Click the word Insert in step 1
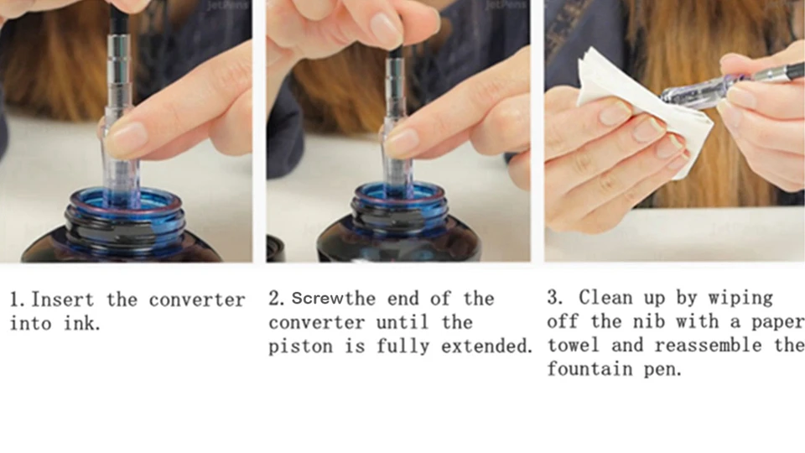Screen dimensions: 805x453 click(63, 299)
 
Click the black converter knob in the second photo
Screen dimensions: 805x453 click(396, 51)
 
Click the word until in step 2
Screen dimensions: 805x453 click(402, 322)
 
